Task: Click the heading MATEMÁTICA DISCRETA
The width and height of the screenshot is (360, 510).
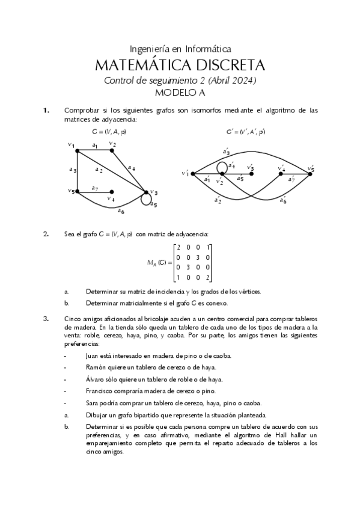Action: point(180,65)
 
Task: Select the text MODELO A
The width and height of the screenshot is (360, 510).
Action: point(180,93)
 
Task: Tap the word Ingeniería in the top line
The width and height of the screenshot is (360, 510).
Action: point(151,49)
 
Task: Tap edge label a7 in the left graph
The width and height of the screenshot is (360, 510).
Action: point(95,188)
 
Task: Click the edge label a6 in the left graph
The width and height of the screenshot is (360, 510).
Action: point(121,211)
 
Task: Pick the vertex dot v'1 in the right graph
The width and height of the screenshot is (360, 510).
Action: point(192,174)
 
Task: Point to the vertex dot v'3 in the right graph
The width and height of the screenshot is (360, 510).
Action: point(251,174)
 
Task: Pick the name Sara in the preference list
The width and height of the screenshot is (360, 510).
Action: point(93,403)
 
